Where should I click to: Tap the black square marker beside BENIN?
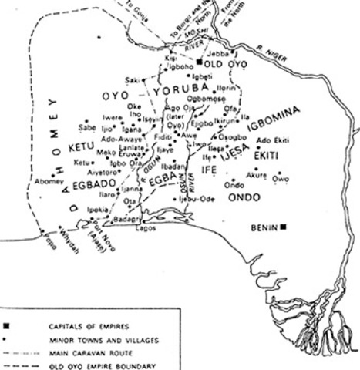click(284, 227)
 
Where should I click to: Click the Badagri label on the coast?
click(126, 219)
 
